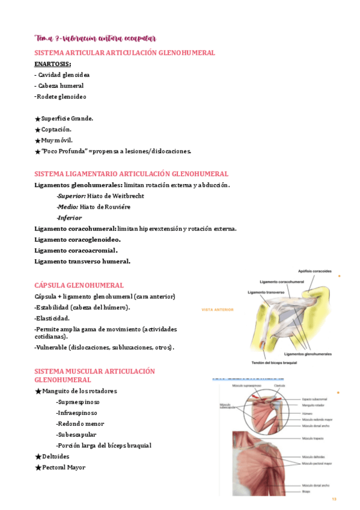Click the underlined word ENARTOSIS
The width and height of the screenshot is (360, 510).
pyautogui.click(x=53, y=64)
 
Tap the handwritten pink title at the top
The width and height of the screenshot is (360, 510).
pyautogui.click(x=96, y=39)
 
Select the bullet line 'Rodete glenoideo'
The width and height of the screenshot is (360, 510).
pyautogui.click(x=61, y=96)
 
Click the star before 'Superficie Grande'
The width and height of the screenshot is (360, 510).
pyautogui.click(x=38, y=119)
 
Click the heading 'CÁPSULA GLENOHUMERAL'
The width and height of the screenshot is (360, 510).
pyautogui.click(x=79, y=285)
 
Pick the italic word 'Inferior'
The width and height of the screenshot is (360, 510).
pyautogui.click(x=70, y=218)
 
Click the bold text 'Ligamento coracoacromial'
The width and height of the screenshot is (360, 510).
pyautogui.click(x=76, y=250)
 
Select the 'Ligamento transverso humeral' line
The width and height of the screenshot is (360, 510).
pyautogui.click(x=82, y=261)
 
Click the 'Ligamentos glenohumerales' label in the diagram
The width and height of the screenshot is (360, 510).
pyautogui.click(x=308, y=354)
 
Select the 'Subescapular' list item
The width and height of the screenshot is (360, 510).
pyautogui.click(x=76, y=434)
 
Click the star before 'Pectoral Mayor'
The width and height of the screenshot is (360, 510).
pyautogui.click(x=38, y=468)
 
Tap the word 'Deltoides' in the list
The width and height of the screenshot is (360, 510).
pyautogui.click(x=56, y=456)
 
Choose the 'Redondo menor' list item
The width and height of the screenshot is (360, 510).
pyautogui.click(x=80, y=423)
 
